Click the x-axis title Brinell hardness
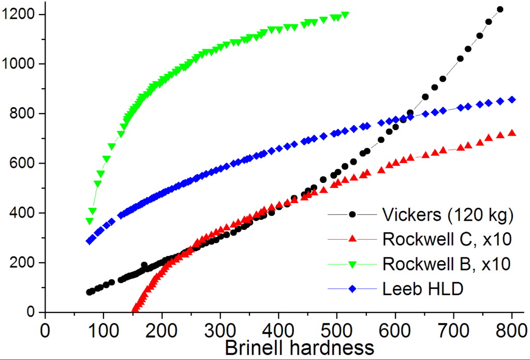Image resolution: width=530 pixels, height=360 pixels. click(299, 348)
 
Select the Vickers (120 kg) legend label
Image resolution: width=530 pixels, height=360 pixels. click(448, 214)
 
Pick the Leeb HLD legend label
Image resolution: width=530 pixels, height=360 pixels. click(423, 289)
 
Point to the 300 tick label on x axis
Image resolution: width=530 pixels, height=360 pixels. click(220, 329)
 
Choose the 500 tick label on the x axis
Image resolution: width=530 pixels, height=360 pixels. click(337, 329)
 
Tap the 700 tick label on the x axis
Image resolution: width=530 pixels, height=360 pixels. click(454, 329)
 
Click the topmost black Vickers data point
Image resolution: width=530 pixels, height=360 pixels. click(500, 9)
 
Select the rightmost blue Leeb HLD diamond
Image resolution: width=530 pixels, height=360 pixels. click(512, 99)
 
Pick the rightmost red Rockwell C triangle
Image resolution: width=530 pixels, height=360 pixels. click(512, 133)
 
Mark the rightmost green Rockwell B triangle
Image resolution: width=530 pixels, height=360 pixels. click(345, 15)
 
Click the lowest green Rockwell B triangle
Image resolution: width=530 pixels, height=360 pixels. click(90, 221)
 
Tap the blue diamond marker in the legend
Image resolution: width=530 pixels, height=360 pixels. click(352, 289)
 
